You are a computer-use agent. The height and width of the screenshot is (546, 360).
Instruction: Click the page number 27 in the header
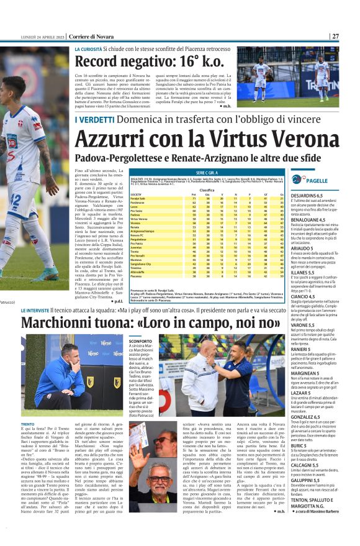353,36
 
